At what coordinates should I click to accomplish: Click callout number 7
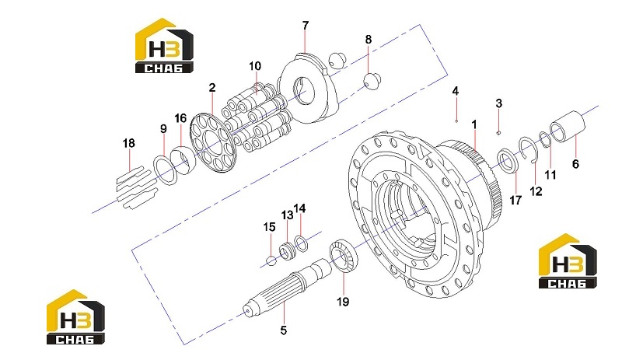[305, 26]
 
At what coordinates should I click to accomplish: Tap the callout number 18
[128, 143]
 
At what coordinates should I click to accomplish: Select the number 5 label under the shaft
[283, 330]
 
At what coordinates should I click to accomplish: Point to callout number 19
[343, 302]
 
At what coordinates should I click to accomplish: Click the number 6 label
[575, 163]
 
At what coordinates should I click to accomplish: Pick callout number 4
[456, 91]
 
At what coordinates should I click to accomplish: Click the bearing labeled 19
[344, 256]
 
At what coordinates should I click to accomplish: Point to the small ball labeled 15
[270, 260]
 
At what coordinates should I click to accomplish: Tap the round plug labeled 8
[372, 82]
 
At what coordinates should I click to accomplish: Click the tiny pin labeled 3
[499, 132]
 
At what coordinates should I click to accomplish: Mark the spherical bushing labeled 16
[183, 159]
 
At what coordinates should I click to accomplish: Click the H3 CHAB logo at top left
[164, 45]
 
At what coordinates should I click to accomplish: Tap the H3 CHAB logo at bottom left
[75, 316]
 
